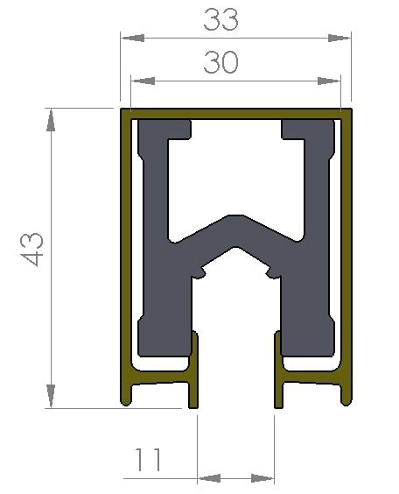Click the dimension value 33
point(221,19)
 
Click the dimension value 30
point(220,63)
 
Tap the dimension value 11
point(149,458)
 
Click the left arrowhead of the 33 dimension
point(132,38)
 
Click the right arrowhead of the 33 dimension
point(339,38)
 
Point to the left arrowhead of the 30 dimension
point(142,81)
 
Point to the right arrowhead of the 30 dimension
point(329,81)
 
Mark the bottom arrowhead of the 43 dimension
point(52,397)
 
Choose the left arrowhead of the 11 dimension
point(209,478)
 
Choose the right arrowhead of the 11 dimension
point(262,478)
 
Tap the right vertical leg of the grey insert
point(306,298)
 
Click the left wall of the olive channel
point(124,254)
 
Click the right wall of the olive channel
point(347,254)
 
